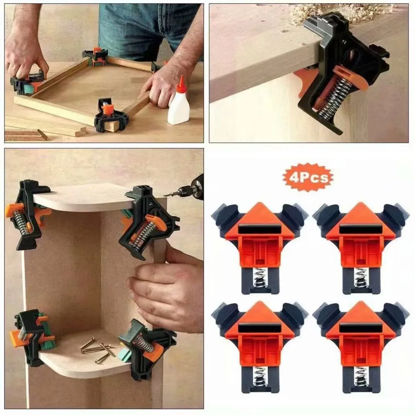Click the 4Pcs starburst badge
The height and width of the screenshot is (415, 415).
tap(308, 177)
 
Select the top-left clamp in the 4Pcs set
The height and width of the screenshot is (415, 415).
tap(259, 246)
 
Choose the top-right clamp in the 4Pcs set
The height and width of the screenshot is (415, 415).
tap(360, 246)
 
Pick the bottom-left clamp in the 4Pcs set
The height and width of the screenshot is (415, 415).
tap(259, 346)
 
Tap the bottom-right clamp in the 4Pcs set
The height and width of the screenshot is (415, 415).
tap(360, 346)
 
